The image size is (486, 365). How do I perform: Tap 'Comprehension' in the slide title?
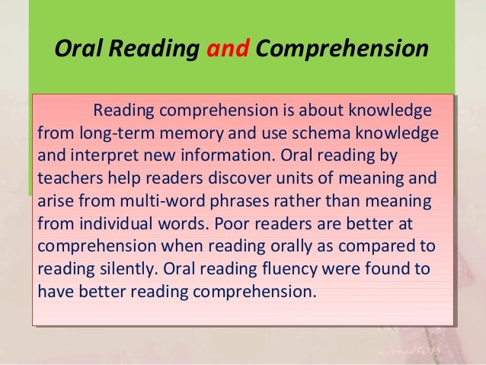[341, 50]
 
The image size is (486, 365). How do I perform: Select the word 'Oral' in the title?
[75, 49]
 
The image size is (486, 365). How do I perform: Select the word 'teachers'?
[67, 180]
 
